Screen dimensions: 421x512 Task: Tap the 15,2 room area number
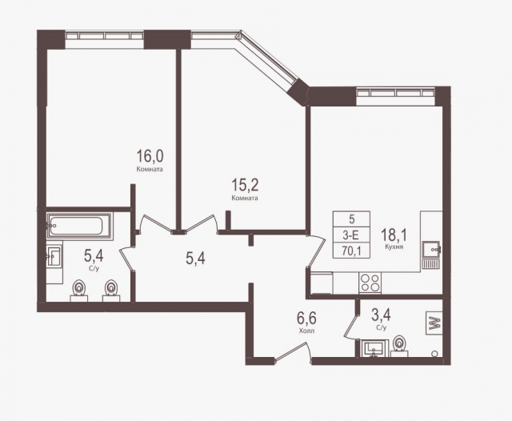244,185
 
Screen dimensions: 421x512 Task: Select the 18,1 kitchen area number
393,235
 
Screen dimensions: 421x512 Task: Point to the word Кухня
393,248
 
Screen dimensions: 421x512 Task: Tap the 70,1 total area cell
350,249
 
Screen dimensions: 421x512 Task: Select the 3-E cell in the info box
350,234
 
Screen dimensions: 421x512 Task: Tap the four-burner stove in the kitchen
370,282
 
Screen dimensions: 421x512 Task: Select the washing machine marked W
436,323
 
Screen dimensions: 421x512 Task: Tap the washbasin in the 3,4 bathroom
373,348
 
